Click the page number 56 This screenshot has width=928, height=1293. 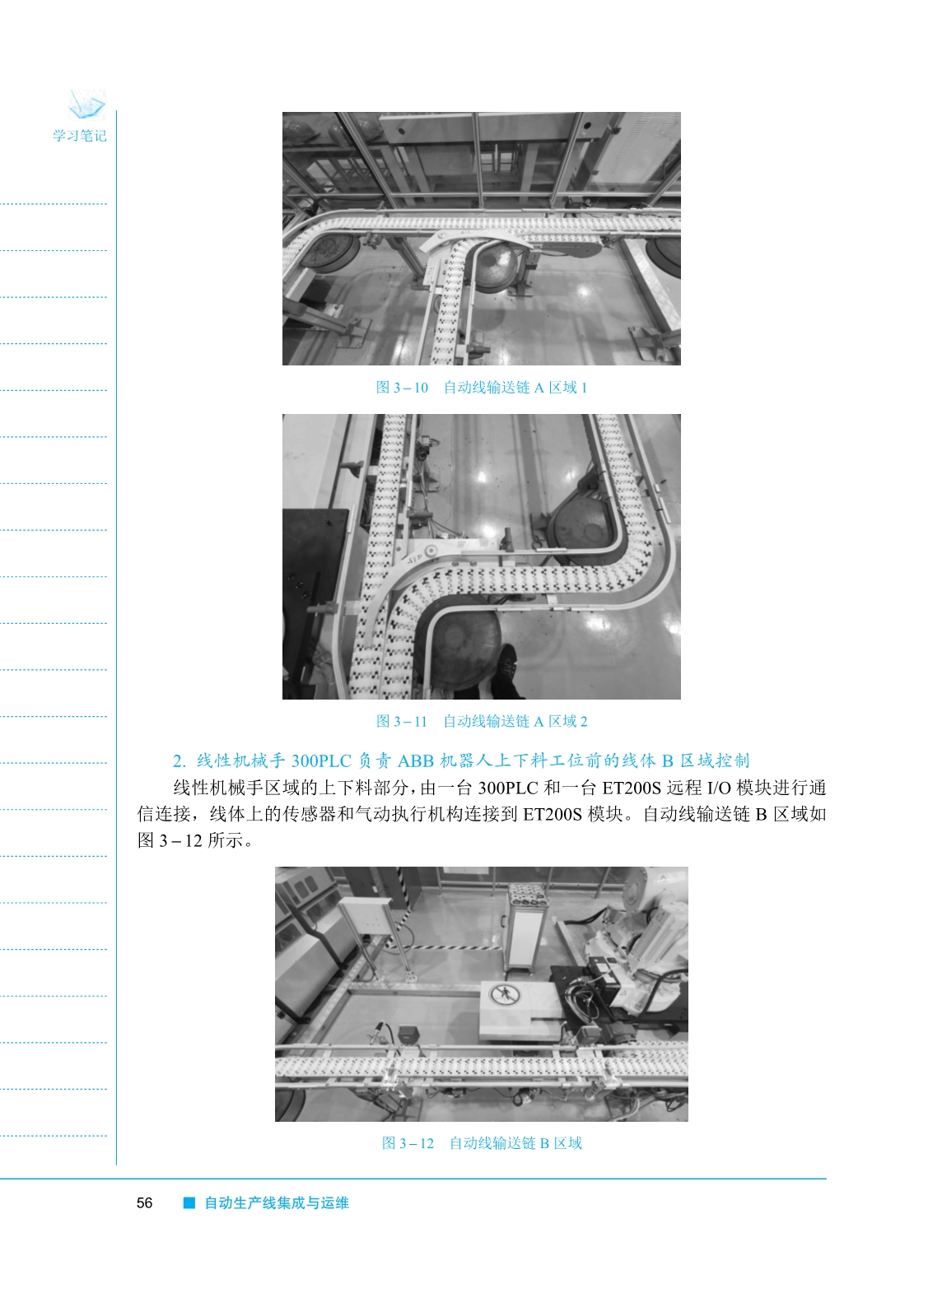pyautogui.click(x=144, y=1203)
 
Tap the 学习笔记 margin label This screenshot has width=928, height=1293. pyautogui.click(x=80, y=136)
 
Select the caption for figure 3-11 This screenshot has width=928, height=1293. pyautogui.click(x=482, y=721)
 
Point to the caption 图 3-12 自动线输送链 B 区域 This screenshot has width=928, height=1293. pyautogui.click(x=482, y=1143)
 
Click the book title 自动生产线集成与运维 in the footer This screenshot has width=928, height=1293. pyautogui.click(x=277, y=1203)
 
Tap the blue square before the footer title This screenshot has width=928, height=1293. pyautogui.click(x=189, y=1203)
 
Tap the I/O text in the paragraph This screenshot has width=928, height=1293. pyautogui.click(x=719, y=788)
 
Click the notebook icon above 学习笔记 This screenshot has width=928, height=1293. pyautogui.click(x=86, y=105)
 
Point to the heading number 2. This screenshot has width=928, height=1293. pyautogui.click(x=179, y=761)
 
